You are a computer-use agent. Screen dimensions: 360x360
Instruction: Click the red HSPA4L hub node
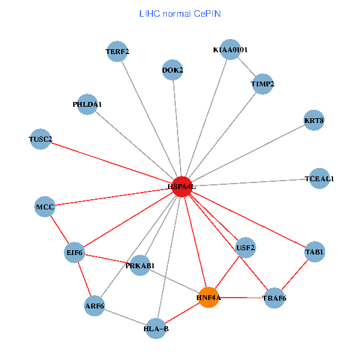point(182,187)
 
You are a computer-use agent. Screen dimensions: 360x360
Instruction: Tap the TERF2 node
point(118,52)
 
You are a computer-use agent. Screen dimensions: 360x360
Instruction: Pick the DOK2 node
point(173,70)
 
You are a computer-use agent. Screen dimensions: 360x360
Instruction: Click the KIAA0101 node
point(230,50)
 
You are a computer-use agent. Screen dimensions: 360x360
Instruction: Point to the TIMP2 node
point(262,85)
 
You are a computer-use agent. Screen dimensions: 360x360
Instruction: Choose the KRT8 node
point(314,121)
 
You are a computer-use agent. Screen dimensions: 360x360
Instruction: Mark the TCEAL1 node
point(319,179)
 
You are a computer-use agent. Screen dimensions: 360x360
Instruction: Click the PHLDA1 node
point(88,104)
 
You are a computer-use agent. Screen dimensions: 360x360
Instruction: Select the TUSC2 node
point(40,140)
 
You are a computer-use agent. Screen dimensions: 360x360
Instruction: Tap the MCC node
point(45,207)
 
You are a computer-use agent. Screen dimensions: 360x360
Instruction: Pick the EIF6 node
point(74,253)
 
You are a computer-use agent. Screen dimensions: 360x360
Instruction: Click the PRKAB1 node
point(140,266)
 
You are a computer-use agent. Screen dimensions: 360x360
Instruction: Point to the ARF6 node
point(95,306)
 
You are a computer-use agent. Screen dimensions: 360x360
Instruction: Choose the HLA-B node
point(156,328)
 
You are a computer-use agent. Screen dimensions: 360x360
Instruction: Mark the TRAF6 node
point(275,298)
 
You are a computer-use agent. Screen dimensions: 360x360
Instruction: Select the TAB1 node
point(314,252)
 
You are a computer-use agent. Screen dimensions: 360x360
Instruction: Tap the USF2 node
point(245,247)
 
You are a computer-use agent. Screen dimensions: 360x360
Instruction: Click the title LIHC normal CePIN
point(180,13)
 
